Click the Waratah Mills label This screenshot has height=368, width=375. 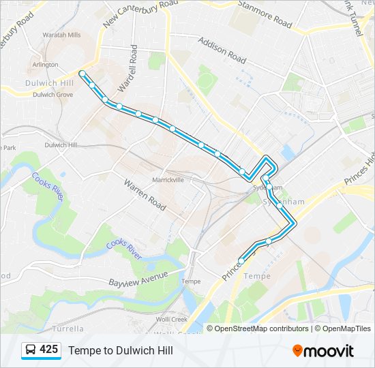[x=61, y=34]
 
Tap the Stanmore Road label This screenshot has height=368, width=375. [x=265, y=14]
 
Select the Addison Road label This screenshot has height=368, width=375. [x=222, y=50]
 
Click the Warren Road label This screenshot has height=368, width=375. [x=145, y=194]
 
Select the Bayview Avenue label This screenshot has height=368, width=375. [x=138, y=279]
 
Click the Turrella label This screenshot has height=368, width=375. [x=68, y=328]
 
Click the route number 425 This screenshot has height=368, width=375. [x=49, y=350]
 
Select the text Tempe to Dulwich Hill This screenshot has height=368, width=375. [x=120, y=350]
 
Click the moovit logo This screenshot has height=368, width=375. [x=323, y=350]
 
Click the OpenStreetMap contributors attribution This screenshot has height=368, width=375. [x=261, y=328]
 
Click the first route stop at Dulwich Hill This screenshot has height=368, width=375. [x=82, y=73]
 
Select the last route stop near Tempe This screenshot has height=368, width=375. [x=241, y=260]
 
